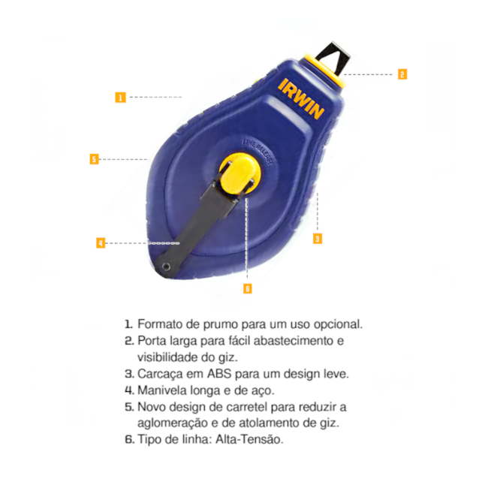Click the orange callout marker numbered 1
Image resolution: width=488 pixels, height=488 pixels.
click(x=120, y=98)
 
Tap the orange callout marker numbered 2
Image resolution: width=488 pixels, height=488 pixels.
click(x=402, y=74)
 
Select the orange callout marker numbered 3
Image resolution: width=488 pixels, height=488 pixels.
click(x=318, y=239)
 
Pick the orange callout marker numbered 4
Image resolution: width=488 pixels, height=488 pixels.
click(x=101, y=243)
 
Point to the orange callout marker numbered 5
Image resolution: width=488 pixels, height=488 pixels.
click(x=94, y=159)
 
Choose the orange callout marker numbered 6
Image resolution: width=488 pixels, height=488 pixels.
click(x=248, y=289)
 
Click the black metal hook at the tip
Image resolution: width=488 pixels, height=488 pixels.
click(x=333, y=59)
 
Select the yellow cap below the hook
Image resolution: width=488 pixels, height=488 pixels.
click(x=324, y=71)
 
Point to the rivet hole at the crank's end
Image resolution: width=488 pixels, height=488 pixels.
click(x=166, y=267)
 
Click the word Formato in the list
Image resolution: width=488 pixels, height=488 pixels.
click(x=160, y=324)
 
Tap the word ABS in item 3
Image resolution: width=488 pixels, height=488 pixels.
click(x=219, y=373)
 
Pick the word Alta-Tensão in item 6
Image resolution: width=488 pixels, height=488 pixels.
click(x=249, y=439)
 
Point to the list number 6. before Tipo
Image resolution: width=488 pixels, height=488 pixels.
click(x=129, y=439)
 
